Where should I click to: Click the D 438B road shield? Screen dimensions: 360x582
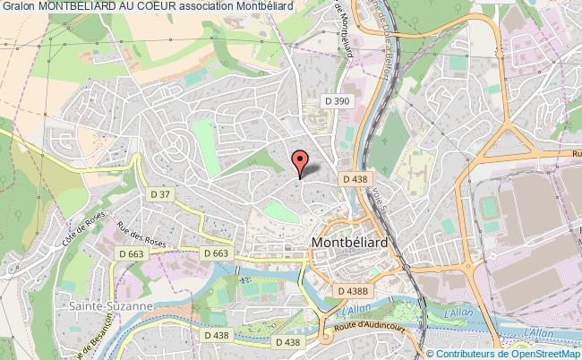pyautogui.click(x=354, y=290)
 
